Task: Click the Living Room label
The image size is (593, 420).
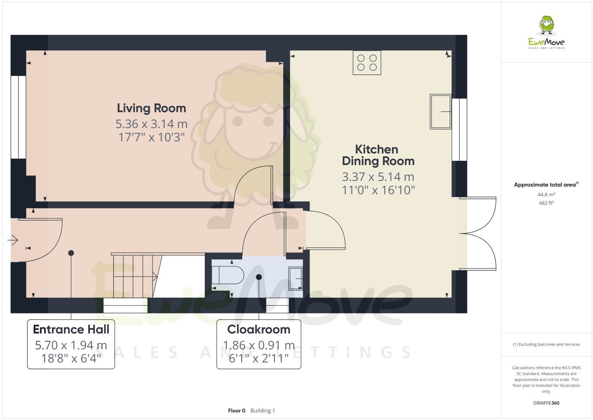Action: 151,108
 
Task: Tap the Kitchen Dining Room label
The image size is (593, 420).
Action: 378,155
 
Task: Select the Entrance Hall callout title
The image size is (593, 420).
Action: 71,329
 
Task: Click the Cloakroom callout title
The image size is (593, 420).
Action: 258,329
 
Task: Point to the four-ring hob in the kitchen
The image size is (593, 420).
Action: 367,63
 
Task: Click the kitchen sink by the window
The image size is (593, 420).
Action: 440,112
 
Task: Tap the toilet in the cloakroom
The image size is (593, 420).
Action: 228,275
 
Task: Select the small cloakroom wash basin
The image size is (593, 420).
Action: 295,279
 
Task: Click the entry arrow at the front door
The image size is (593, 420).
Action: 13,240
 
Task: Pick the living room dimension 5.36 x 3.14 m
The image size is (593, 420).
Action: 151,124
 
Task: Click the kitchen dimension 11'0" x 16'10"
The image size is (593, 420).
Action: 378,190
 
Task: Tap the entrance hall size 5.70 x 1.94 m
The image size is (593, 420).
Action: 71,345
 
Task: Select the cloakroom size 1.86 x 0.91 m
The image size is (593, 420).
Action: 258,345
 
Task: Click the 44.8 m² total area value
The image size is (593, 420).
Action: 546,194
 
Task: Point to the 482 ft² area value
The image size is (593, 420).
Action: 546,203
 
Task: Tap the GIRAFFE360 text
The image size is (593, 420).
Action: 546,403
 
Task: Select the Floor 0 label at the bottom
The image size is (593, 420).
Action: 237,410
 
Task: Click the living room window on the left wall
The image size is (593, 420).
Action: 18,117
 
